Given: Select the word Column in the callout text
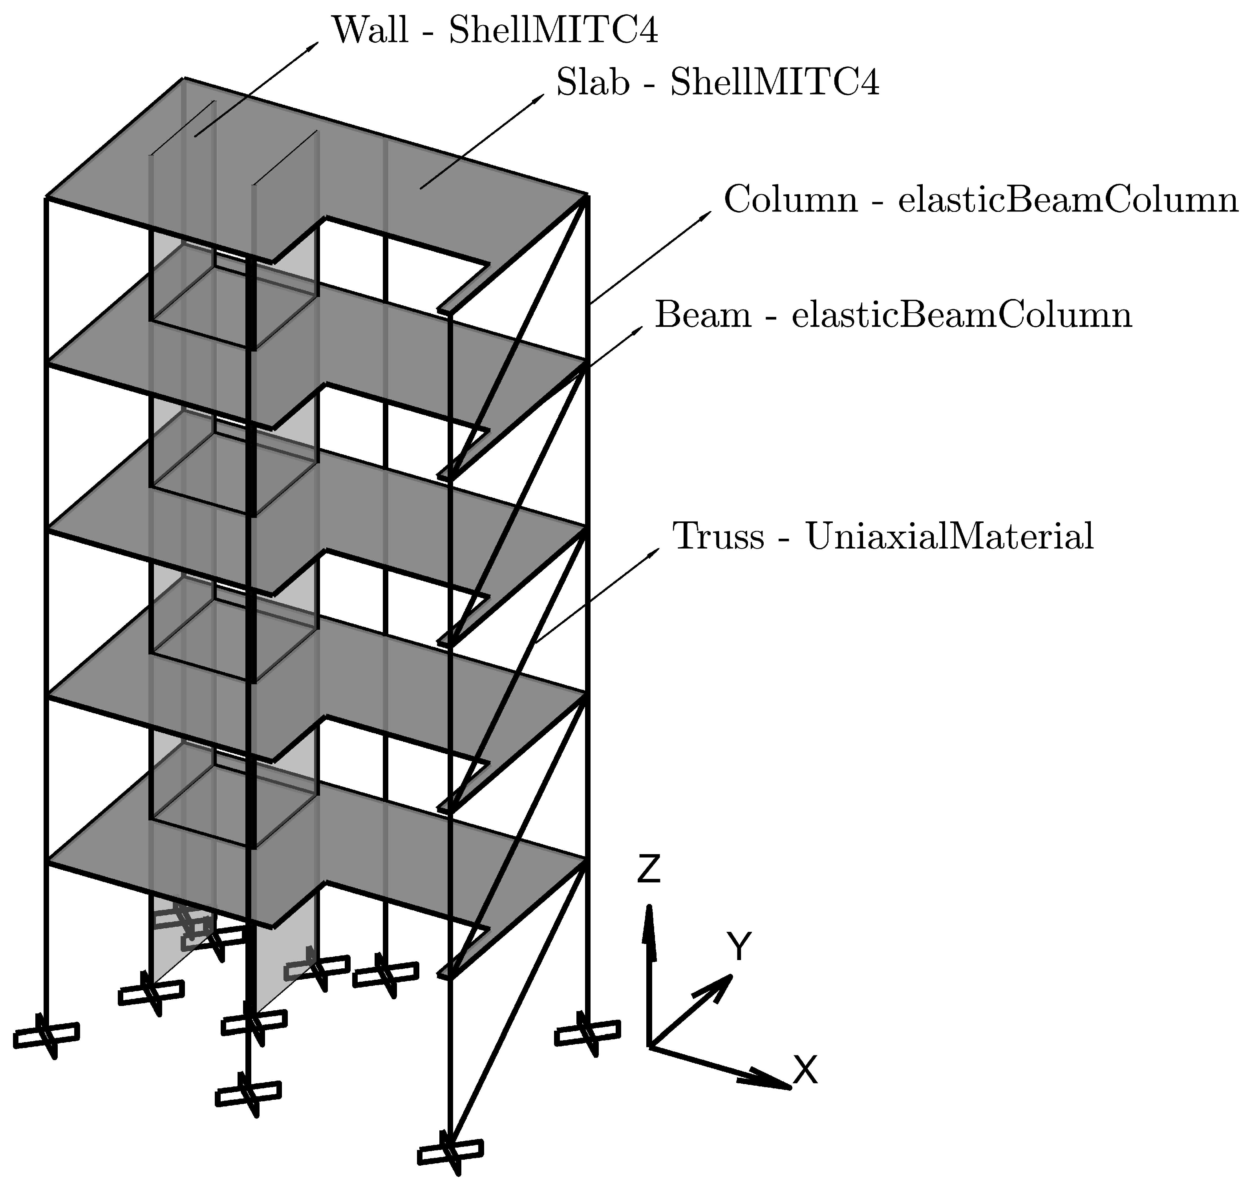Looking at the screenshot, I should click(x=790, y=199).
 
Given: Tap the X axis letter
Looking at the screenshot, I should click(x=805, y=1070).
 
